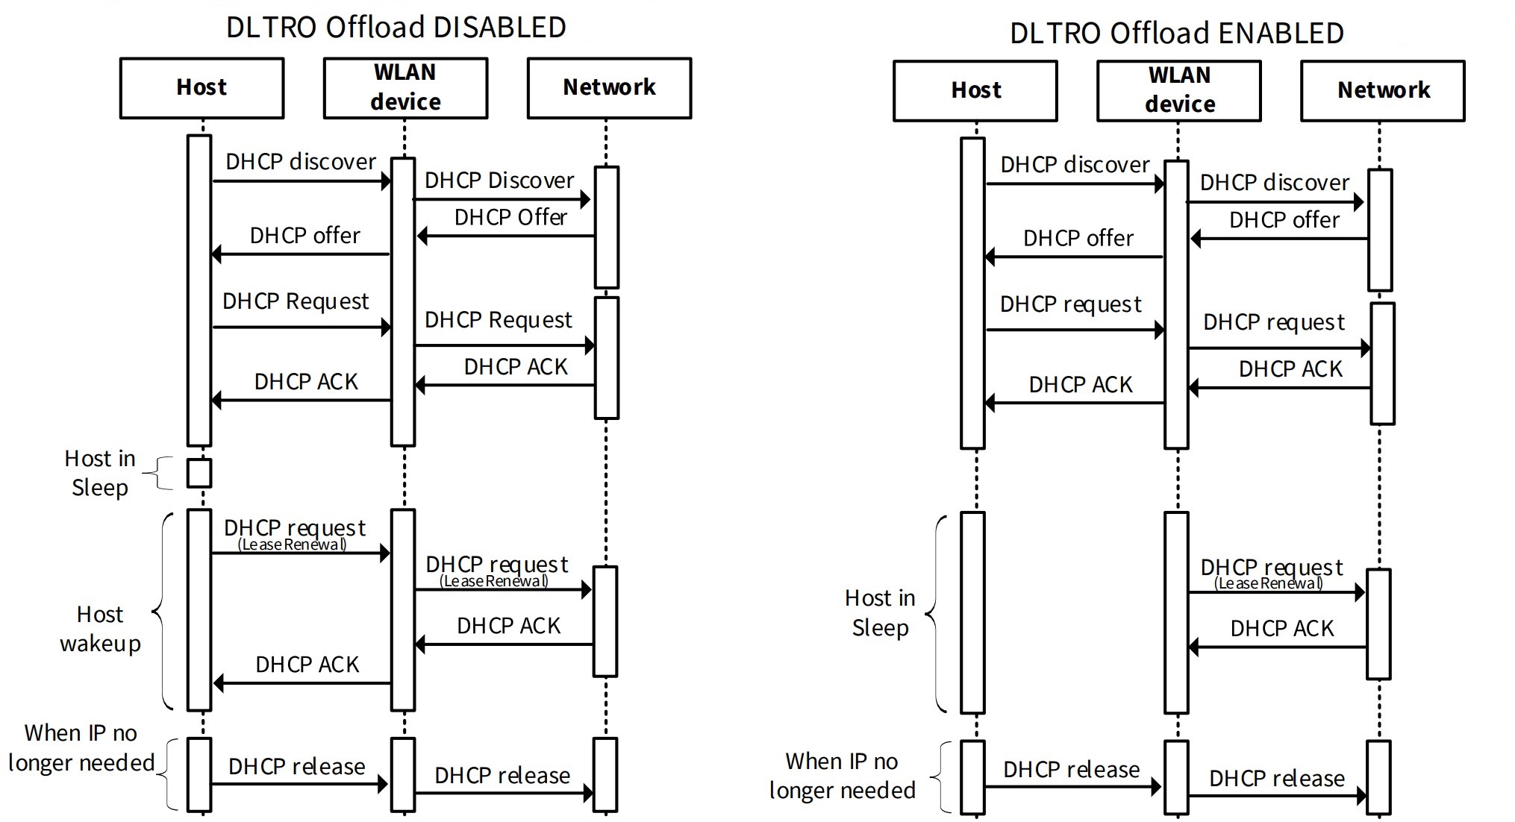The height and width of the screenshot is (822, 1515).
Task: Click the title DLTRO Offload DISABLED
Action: click(396, 28)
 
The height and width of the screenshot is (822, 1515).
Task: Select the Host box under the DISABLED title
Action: click(202, 88)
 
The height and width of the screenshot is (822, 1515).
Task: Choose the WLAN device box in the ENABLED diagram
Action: click(1178, 90)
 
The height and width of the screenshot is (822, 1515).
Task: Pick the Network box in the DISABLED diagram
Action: click(609, 88)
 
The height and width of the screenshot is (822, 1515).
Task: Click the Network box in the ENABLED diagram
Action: click(1382, 90)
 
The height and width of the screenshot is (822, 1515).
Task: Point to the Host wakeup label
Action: click(100, 628)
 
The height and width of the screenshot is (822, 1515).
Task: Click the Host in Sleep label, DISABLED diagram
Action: click(100, 473)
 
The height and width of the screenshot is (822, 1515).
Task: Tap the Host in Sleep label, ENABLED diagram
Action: click(880, 612)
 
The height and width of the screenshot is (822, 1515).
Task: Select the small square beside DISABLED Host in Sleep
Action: click(199, 473)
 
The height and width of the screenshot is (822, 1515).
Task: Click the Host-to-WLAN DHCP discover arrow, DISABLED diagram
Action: click(301, 181)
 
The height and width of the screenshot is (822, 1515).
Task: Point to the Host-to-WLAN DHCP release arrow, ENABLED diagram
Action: click(1073, 786)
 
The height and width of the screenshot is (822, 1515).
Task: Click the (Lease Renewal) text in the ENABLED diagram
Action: click(1268, 583)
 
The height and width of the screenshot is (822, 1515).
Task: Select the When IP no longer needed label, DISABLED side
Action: click(81, 747)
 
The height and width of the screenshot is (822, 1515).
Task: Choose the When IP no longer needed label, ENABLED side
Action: click(842, 776)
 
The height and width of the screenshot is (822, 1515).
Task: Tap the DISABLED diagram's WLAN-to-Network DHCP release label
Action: click(502, 776)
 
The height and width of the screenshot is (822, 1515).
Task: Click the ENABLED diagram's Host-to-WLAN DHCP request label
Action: click(1070, 304)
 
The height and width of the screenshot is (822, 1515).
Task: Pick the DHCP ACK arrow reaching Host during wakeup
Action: click(302, 683)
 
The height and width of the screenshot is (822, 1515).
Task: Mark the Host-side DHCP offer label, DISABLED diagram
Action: click(304, 236)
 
